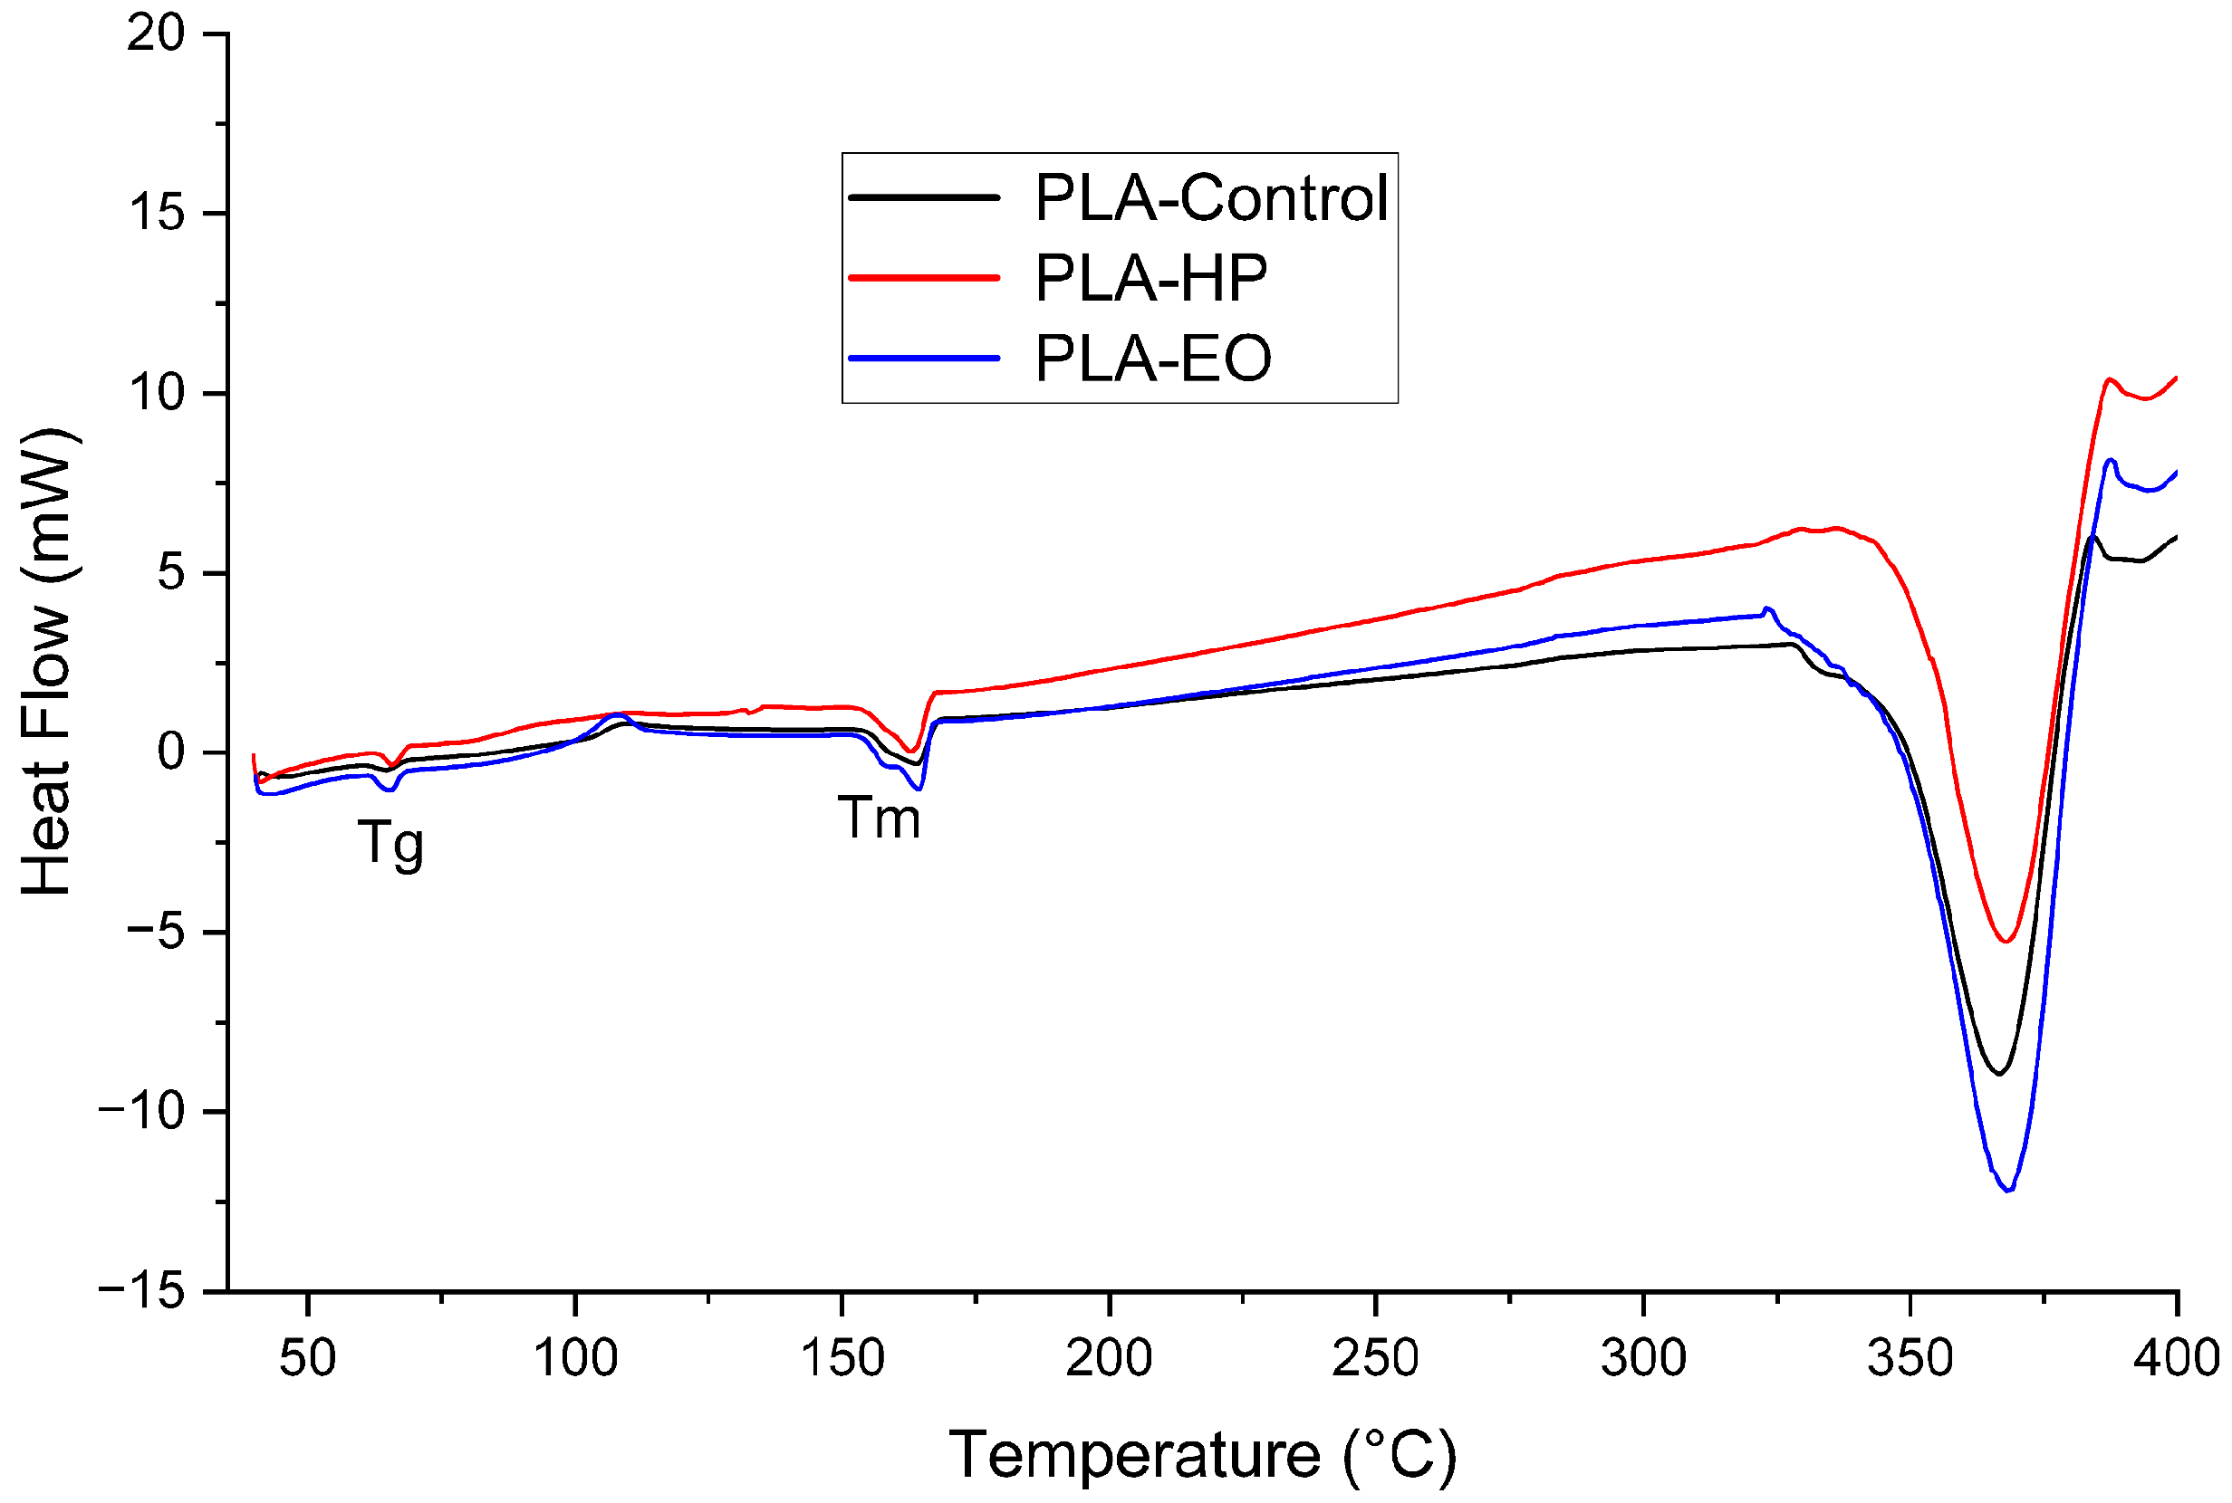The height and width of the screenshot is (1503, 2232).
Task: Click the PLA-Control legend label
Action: (x=1211, y=198)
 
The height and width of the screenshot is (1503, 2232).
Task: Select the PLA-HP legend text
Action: (x=1150, y=279)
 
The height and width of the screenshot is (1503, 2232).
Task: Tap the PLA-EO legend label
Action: (x=1152, y=359)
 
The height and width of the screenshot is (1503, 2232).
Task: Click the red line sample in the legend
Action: (x=923, y=278)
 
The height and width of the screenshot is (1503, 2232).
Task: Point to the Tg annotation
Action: (x=390, y=844)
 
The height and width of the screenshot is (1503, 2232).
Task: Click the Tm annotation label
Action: (x=880, y=818)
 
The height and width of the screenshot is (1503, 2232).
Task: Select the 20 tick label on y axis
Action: (x=155, y=34)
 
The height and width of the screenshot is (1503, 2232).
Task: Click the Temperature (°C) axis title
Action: (x=1202, y=1455)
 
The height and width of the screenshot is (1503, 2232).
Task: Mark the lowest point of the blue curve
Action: (x=2007, y=1191)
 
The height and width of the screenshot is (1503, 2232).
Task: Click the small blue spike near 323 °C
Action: (x=1766, y=608)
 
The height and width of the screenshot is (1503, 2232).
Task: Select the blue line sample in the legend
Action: (x=923, y=359)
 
